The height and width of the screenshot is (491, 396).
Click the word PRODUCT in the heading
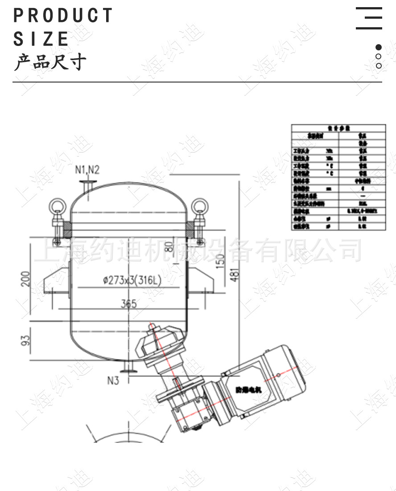pyautogui.click(x=63, y=16)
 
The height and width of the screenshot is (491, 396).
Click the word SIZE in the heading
pyautogui.click(x=41, y=39)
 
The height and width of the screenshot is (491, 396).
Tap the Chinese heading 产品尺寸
pyautogui.click(x=49, y=62)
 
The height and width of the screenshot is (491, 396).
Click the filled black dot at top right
pyautogui.click(x=379, y=47)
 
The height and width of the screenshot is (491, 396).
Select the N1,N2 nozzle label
pyautogui.click(x=87, y=169)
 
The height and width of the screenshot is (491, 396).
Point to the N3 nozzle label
pyautogui.click(x=113, y=380)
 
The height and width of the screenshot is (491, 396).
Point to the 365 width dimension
pyautogui.click(x=128, y=304)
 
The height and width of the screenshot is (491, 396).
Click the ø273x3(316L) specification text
pyautogui.click(x=132, y=281)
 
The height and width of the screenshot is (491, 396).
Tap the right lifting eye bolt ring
pyautogui.click(x=198, y=206)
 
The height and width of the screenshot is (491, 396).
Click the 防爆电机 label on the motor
pyautogui.click(x=249, y=389)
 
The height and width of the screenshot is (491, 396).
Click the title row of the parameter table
pyautogui.click(x=338, y=128)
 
